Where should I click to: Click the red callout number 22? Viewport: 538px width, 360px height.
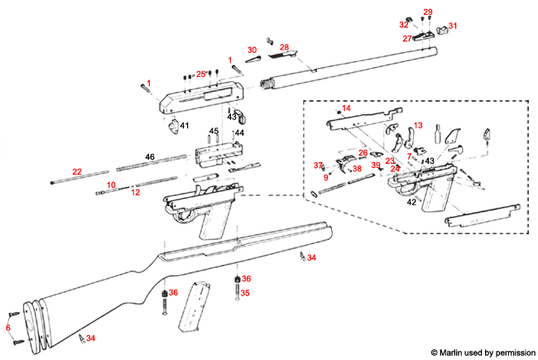click(77, 171)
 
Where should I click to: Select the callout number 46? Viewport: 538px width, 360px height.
click(150, 156)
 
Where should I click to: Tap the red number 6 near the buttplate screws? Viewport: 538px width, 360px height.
click(8, 328)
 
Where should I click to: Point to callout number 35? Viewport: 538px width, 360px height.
click(245, 293)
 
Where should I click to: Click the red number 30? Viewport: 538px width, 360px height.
click(252, 50)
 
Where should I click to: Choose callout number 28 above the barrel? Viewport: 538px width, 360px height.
click(284, 48)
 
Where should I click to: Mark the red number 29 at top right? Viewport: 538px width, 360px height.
click(427, 12)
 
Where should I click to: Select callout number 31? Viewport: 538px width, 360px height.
click(452, 26)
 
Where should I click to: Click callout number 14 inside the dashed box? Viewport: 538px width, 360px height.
click(346, 108)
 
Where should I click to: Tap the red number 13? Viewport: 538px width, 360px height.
click(418, 125)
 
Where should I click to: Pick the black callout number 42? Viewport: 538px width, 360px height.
click(411, 201)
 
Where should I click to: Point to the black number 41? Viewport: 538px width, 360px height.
click(185, 126)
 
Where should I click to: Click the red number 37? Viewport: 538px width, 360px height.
click(318, 166)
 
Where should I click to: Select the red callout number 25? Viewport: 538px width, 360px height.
click(200, 74)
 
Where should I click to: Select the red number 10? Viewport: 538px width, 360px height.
click(111, 185)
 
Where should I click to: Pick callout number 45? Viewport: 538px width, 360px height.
click(213, 132)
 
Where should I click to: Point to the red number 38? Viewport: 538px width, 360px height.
click(357, 169)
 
